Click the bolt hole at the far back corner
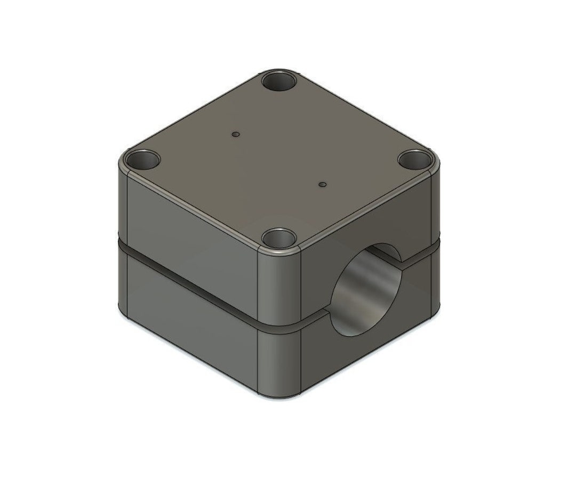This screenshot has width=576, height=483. click(x=279, y=82)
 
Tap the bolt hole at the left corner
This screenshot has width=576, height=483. click(x=142, y=160)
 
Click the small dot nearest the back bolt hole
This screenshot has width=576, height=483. click(x=235, y=134)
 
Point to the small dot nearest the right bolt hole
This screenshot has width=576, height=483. click(x=322, y=185)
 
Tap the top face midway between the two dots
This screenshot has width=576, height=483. click(x=278, y=160)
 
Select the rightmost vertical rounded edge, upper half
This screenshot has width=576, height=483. click(x=438, y=203)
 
